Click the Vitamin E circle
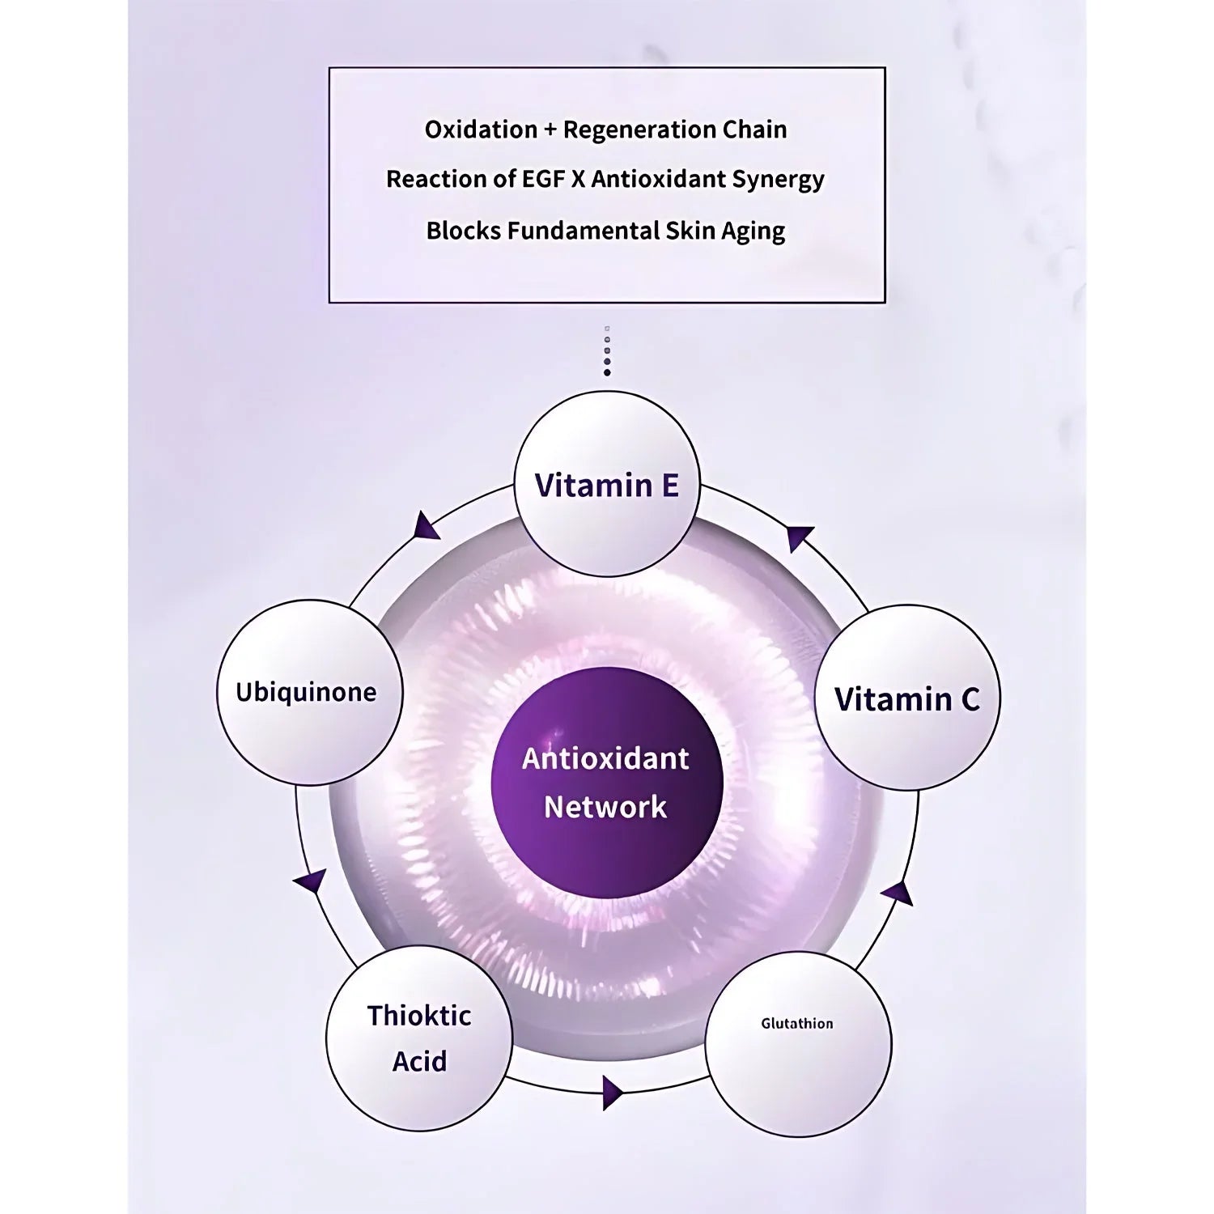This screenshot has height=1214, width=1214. pos(607,485)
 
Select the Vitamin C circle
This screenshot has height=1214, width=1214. pos(906,698)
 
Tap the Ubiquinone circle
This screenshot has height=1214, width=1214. pos(308,693)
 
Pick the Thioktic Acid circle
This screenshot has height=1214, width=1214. pos(419,1038)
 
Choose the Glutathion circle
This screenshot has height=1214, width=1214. pos(797,1044)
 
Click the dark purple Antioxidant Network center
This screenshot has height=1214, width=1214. pos(607,783)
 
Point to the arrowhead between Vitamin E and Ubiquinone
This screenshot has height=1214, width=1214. pos(426,527)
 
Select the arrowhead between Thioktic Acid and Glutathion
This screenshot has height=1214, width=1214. pos(613,1093)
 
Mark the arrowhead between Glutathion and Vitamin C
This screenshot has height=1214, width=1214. pos(898,894)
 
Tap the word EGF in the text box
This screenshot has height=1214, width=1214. pos(537,180)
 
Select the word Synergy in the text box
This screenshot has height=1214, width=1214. pos(777,180)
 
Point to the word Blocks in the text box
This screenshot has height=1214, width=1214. pos(462,231)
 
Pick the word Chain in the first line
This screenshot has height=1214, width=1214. pos(755,129)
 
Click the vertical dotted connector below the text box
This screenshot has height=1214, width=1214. pos(607,351)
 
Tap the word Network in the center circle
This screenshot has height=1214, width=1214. pos(605,807)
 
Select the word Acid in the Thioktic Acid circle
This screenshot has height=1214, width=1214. pos(419,1061)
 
